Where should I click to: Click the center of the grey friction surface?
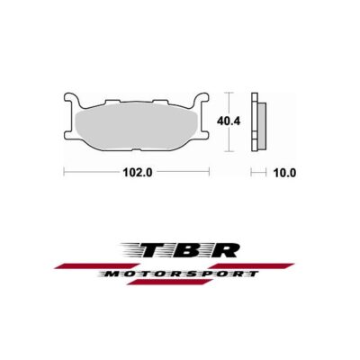click(x=139, y=121)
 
